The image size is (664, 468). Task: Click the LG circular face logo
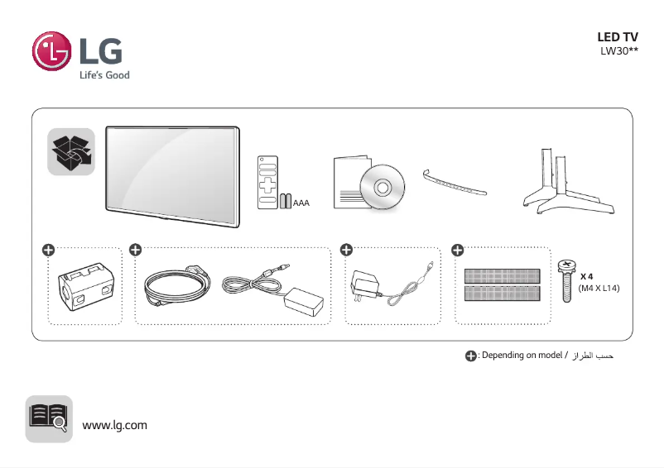(51, 51)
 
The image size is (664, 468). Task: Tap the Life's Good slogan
(104, 75)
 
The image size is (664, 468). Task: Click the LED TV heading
(618, 37)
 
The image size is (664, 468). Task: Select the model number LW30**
(619, 51)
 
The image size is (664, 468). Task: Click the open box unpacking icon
(70, 151)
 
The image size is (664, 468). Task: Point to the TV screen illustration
(172, 174)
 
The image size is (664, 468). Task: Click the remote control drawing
(267, 180)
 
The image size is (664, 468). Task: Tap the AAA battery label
(301, 203)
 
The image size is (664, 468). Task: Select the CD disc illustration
(381, 187)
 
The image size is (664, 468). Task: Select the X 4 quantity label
(587, 276)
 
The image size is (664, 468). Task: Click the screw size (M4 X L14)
(599, 288)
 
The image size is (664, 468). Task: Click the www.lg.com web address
(114, 425)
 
